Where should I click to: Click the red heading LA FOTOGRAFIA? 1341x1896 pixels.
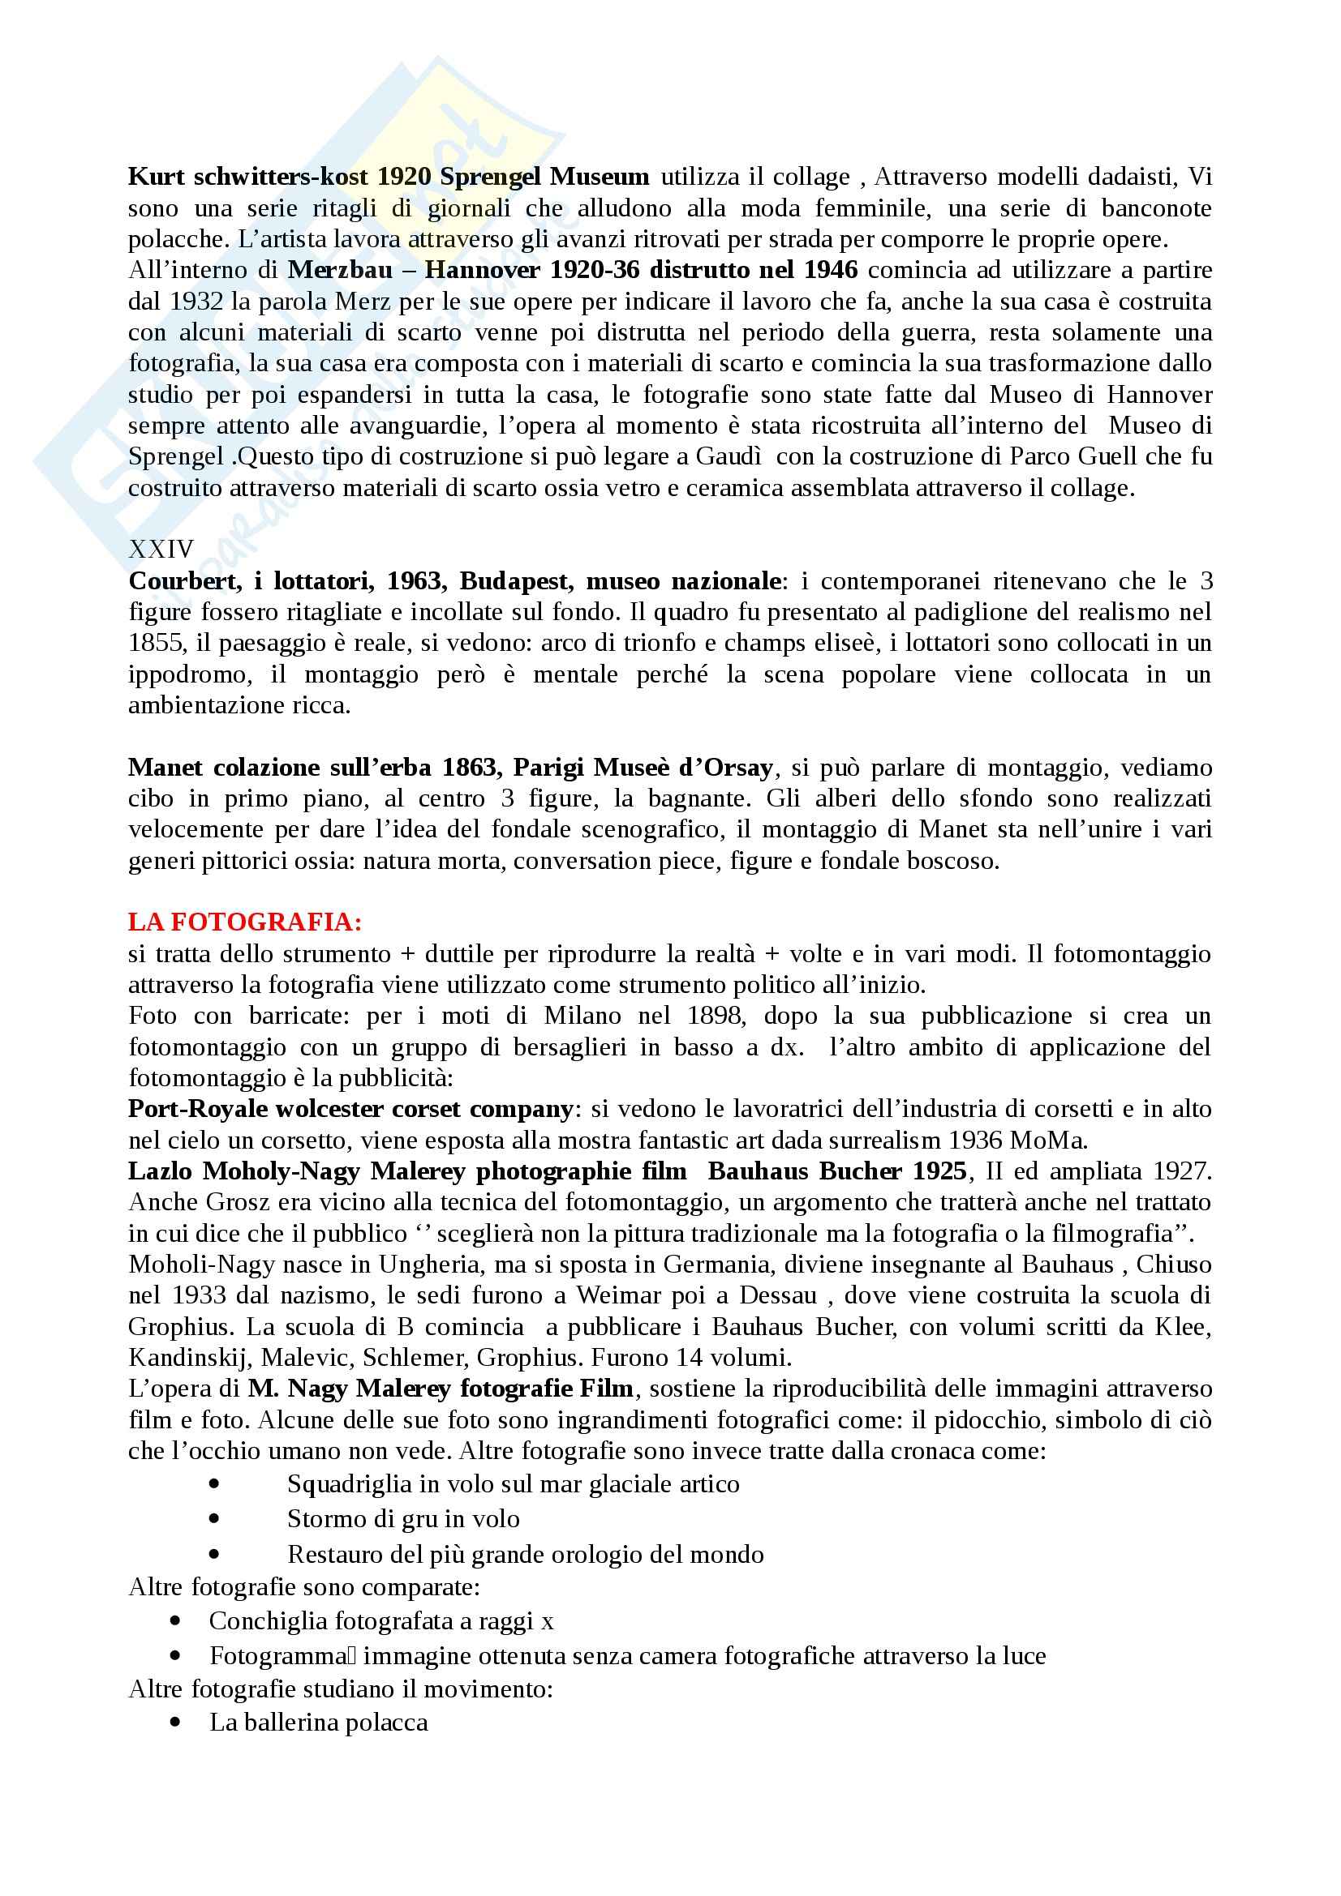click(x=244, y=922)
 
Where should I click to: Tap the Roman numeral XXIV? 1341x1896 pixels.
click(x=161, y=549)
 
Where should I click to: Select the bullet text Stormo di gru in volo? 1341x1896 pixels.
click(x=403, y=1518)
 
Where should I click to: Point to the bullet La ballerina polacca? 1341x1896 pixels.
click(x=318, y=1723)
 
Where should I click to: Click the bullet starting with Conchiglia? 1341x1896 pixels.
click(x=381, y=1621)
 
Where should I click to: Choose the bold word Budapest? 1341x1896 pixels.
click(x=515, y=581)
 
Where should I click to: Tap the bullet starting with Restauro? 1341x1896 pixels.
click(x=526, y=1555)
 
